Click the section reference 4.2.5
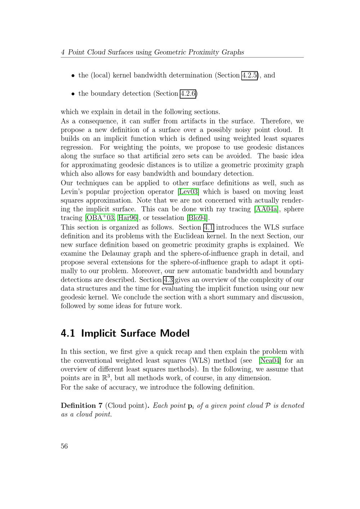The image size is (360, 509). tap(249, 75)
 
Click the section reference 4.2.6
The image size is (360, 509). tap(188, 94)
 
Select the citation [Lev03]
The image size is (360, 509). tap(189, 192)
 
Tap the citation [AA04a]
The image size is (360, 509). tap(266, 209)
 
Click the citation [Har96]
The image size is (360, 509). tap(128, 218)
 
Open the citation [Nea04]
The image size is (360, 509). tap(270, 360)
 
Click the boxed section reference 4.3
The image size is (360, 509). tap(168, 280)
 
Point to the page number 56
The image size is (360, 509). tap(64, 446)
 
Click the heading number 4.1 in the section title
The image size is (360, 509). tap(68, 333)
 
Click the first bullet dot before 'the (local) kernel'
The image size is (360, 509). tap(73, 76)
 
